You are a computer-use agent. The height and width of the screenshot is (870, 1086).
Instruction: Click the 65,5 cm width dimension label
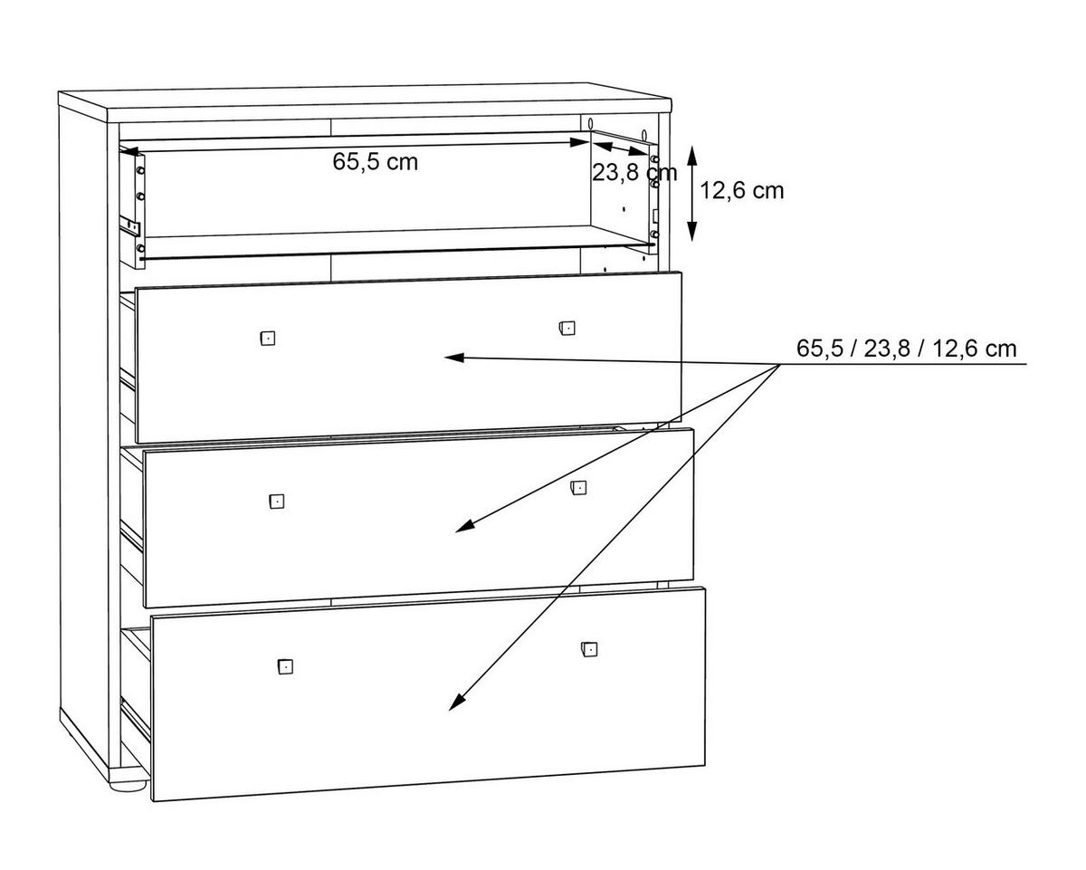(375, 162)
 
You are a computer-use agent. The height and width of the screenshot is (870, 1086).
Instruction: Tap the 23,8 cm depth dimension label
(634, 173)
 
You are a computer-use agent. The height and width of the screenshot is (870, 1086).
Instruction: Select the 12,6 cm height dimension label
(741, 191)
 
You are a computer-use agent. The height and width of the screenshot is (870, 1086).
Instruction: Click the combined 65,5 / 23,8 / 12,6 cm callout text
(906, 349)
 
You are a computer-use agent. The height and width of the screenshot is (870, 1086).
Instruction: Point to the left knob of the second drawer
(268, 338)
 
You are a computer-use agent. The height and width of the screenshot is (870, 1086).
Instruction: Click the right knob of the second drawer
(567, 328)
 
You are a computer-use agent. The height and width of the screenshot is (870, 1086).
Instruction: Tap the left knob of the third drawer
(277, 501)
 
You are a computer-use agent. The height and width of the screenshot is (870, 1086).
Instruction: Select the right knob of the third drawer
(578, 488)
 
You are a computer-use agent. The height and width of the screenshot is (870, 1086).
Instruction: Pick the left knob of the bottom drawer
(285, 666)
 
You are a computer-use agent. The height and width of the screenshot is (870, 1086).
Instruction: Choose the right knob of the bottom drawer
(589, 649)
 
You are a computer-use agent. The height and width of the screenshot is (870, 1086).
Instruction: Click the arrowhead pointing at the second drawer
(453, 358)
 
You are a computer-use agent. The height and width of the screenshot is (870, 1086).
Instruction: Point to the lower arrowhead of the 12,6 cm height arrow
(692, 231)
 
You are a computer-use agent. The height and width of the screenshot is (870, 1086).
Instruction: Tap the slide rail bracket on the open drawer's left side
(129, 225)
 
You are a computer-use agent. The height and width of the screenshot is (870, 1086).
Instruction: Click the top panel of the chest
(365, 103)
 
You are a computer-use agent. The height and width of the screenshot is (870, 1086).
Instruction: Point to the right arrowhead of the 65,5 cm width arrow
(579, 142)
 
